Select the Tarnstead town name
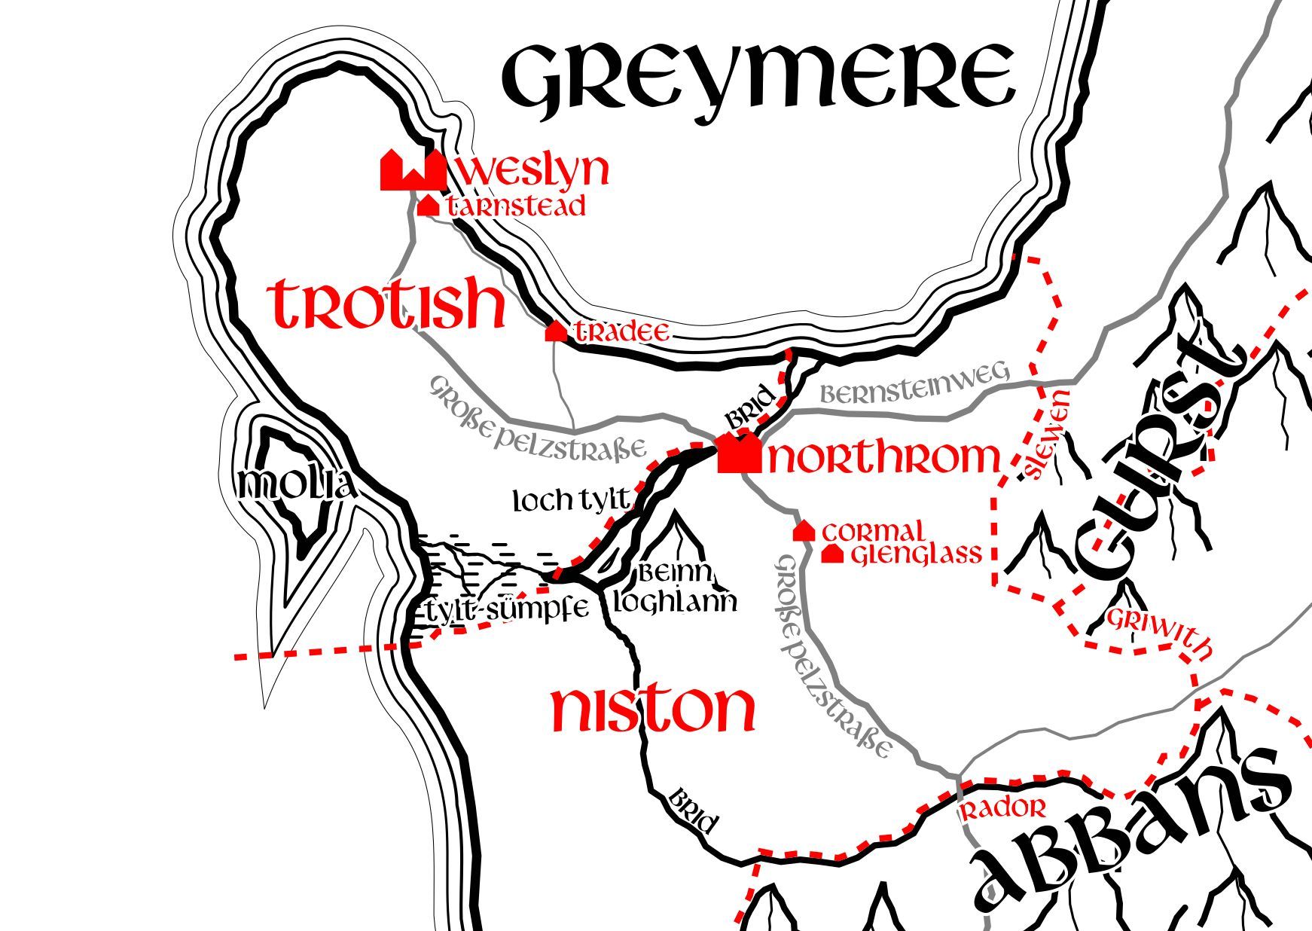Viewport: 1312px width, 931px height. point(516,206)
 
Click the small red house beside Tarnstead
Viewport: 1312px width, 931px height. point(428,205)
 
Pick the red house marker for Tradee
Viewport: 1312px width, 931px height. point(556,331)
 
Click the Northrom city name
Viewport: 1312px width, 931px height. point(883,457)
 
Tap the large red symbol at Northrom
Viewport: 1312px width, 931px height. point(738,453)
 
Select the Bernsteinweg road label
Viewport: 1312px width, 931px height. point(914,386)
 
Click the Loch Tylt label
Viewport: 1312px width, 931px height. point(570,499)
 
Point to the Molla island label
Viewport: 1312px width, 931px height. point(295,486)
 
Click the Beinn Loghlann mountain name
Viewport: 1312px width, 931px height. point(675,588)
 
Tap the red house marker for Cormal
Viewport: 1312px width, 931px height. point(804,531)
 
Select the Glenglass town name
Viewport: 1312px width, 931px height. point(917,554)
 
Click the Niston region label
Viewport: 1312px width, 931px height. point(652,709)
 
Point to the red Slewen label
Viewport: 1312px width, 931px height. point(1047,435)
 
